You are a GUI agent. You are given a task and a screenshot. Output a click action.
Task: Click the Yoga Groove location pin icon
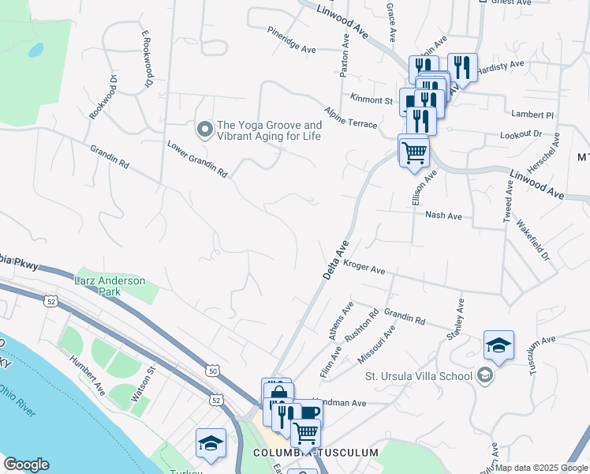point(204,128)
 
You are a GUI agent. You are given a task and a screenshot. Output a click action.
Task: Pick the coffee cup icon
point(310,412)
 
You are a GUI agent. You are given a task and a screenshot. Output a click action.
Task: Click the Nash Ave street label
point(443,215)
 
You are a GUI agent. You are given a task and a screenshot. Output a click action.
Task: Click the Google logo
point(26,465)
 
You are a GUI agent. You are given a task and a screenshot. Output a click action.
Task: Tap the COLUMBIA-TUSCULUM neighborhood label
point(315,453)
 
